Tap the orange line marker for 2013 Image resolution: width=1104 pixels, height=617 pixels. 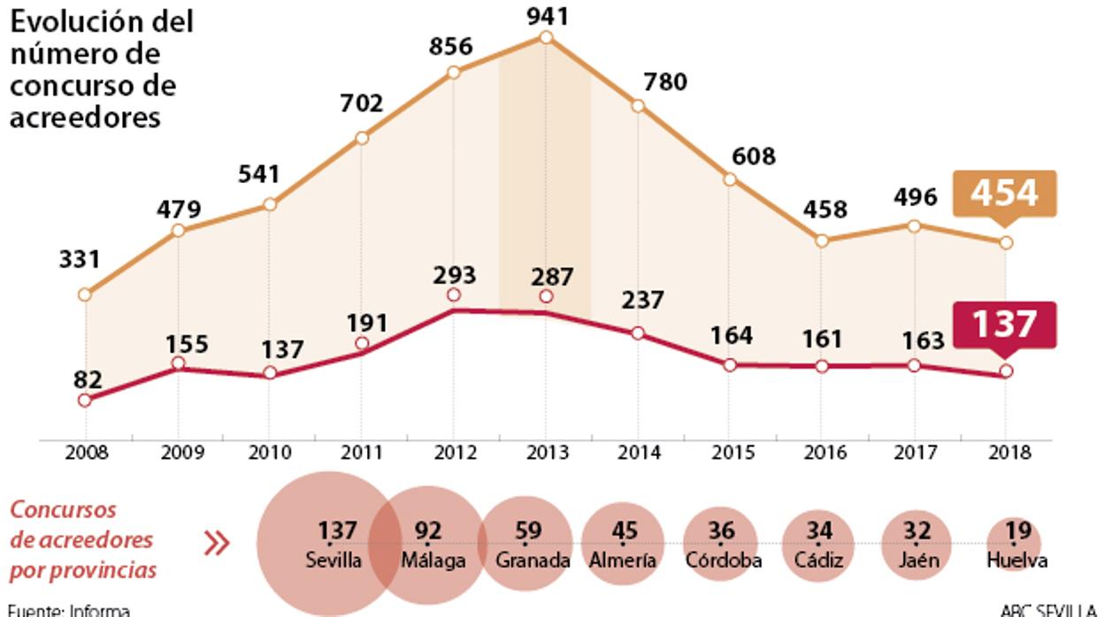click(546, 37)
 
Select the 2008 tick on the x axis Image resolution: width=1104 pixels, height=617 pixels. click(86, 453)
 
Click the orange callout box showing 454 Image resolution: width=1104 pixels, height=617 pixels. click(1005, 193)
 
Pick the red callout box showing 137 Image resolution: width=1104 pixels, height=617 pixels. click(1005, 324)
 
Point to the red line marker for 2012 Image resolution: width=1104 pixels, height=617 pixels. click(454, 294)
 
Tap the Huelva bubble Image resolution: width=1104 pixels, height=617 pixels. click(1016, 545)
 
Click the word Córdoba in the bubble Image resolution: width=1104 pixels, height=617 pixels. click(723, 560)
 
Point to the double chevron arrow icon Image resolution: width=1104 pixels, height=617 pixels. click(216, 543)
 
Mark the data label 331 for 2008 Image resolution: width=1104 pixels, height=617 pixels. click(80, 260)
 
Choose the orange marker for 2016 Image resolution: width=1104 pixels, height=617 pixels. click(822, 240)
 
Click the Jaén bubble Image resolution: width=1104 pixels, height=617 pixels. click(917, 545)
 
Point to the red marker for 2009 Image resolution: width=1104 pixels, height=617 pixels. click(178, 363)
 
